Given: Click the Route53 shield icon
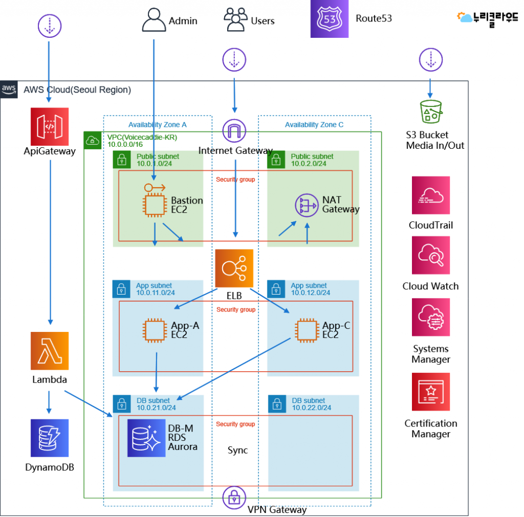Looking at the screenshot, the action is tap(329, 19).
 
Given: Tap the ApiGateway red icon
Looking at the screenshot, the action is tap(50, 127).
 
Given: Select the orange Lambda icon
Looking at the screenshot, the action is tap(50, 351).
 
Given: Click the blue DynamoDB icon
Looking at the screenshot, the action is tap(50, 438).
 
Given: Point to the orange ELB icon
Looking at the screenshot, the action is tap(234, 268).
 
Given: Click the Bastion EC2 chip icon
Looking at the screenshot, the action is tap(155, 205).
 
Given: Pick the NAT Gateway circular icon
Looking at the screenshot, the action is tap(307, 206).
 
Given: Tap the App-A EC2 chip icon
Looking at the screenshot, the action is tap(155, 330).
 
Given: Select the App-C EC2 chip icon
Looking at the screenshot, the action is tap(307, 330).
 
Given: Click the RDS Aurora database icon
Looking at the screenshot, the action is tap(146, 438).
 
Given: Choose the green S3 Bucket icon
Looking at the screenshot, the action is tap(431, 111).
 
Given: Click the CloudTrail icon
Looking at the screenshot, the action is tap(431, 195).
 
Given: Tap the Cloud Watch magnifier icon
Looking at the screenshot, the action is tap(431, 255).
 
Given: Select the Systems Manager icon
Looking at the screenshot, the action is tap(431, 317).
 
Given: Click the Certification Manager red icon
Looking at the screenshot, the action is tap(431, 392).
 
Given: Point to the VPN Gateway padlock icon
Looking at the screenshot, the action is tap(234, 498).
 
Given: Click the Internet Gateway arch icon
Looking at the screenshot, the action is tap(234, 130).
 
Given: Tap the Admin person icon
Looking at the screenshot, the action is tap(154, 20).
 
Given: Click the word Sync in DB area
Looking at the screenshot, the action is tap(237, 450).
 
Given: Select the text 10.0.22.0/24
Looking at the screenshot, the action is tap(312, 408).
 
